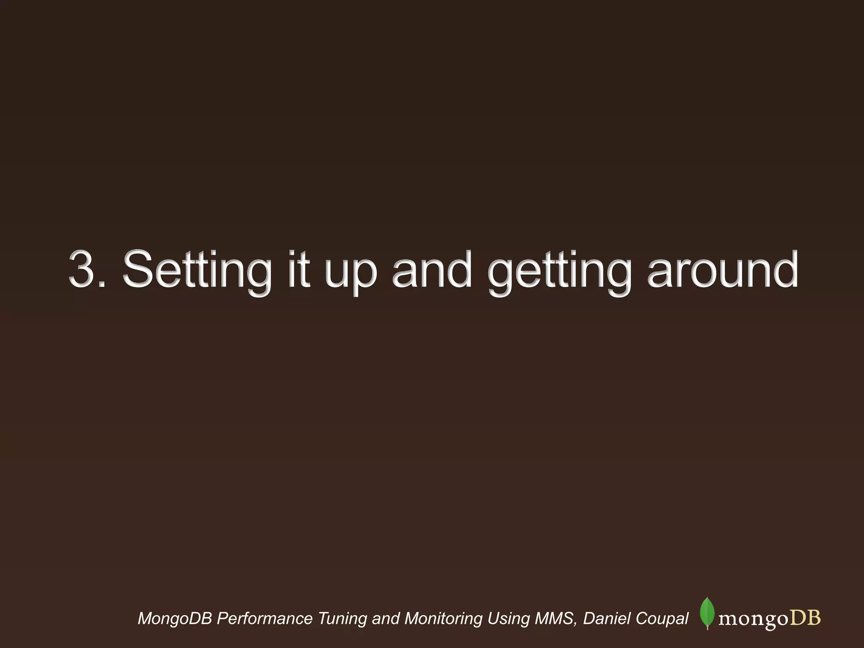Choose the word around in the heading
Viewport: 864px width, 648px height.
click(x=722, y=269)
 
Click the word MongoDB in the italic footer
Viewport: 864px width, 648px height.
click(x=175, y=619)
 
